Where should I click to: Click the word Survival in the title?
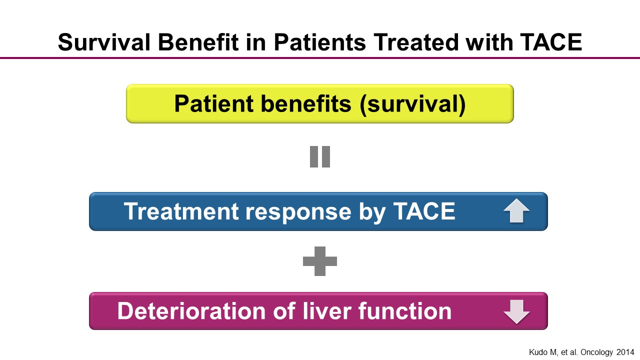coord(104,42)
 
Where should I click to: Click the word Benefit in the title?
coord(198,42)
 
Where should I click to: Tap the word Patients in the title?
coord(319,42)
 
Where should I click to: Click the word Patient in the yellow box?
coord(213,103)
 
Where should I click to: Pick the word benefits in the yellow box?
coord(305,103)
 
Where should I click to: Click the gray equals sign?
coord(320,157)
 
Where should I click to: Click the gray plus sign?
coord(320,261)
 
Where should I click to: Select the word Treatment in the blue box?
coord(181,211)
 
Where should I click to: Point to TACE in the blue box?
coord(424,211)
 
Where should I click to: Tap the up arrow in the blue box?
coord(516,211)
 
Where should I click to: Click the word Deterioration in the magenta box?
coord(191,311)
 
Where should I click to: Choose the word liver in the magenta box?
coord(327,311)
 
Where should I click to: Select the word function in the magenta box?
coord(405,311)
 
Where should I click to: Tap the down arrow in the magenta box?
coord(516,312)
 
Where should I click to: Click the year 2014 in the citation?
coord(625,352)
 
